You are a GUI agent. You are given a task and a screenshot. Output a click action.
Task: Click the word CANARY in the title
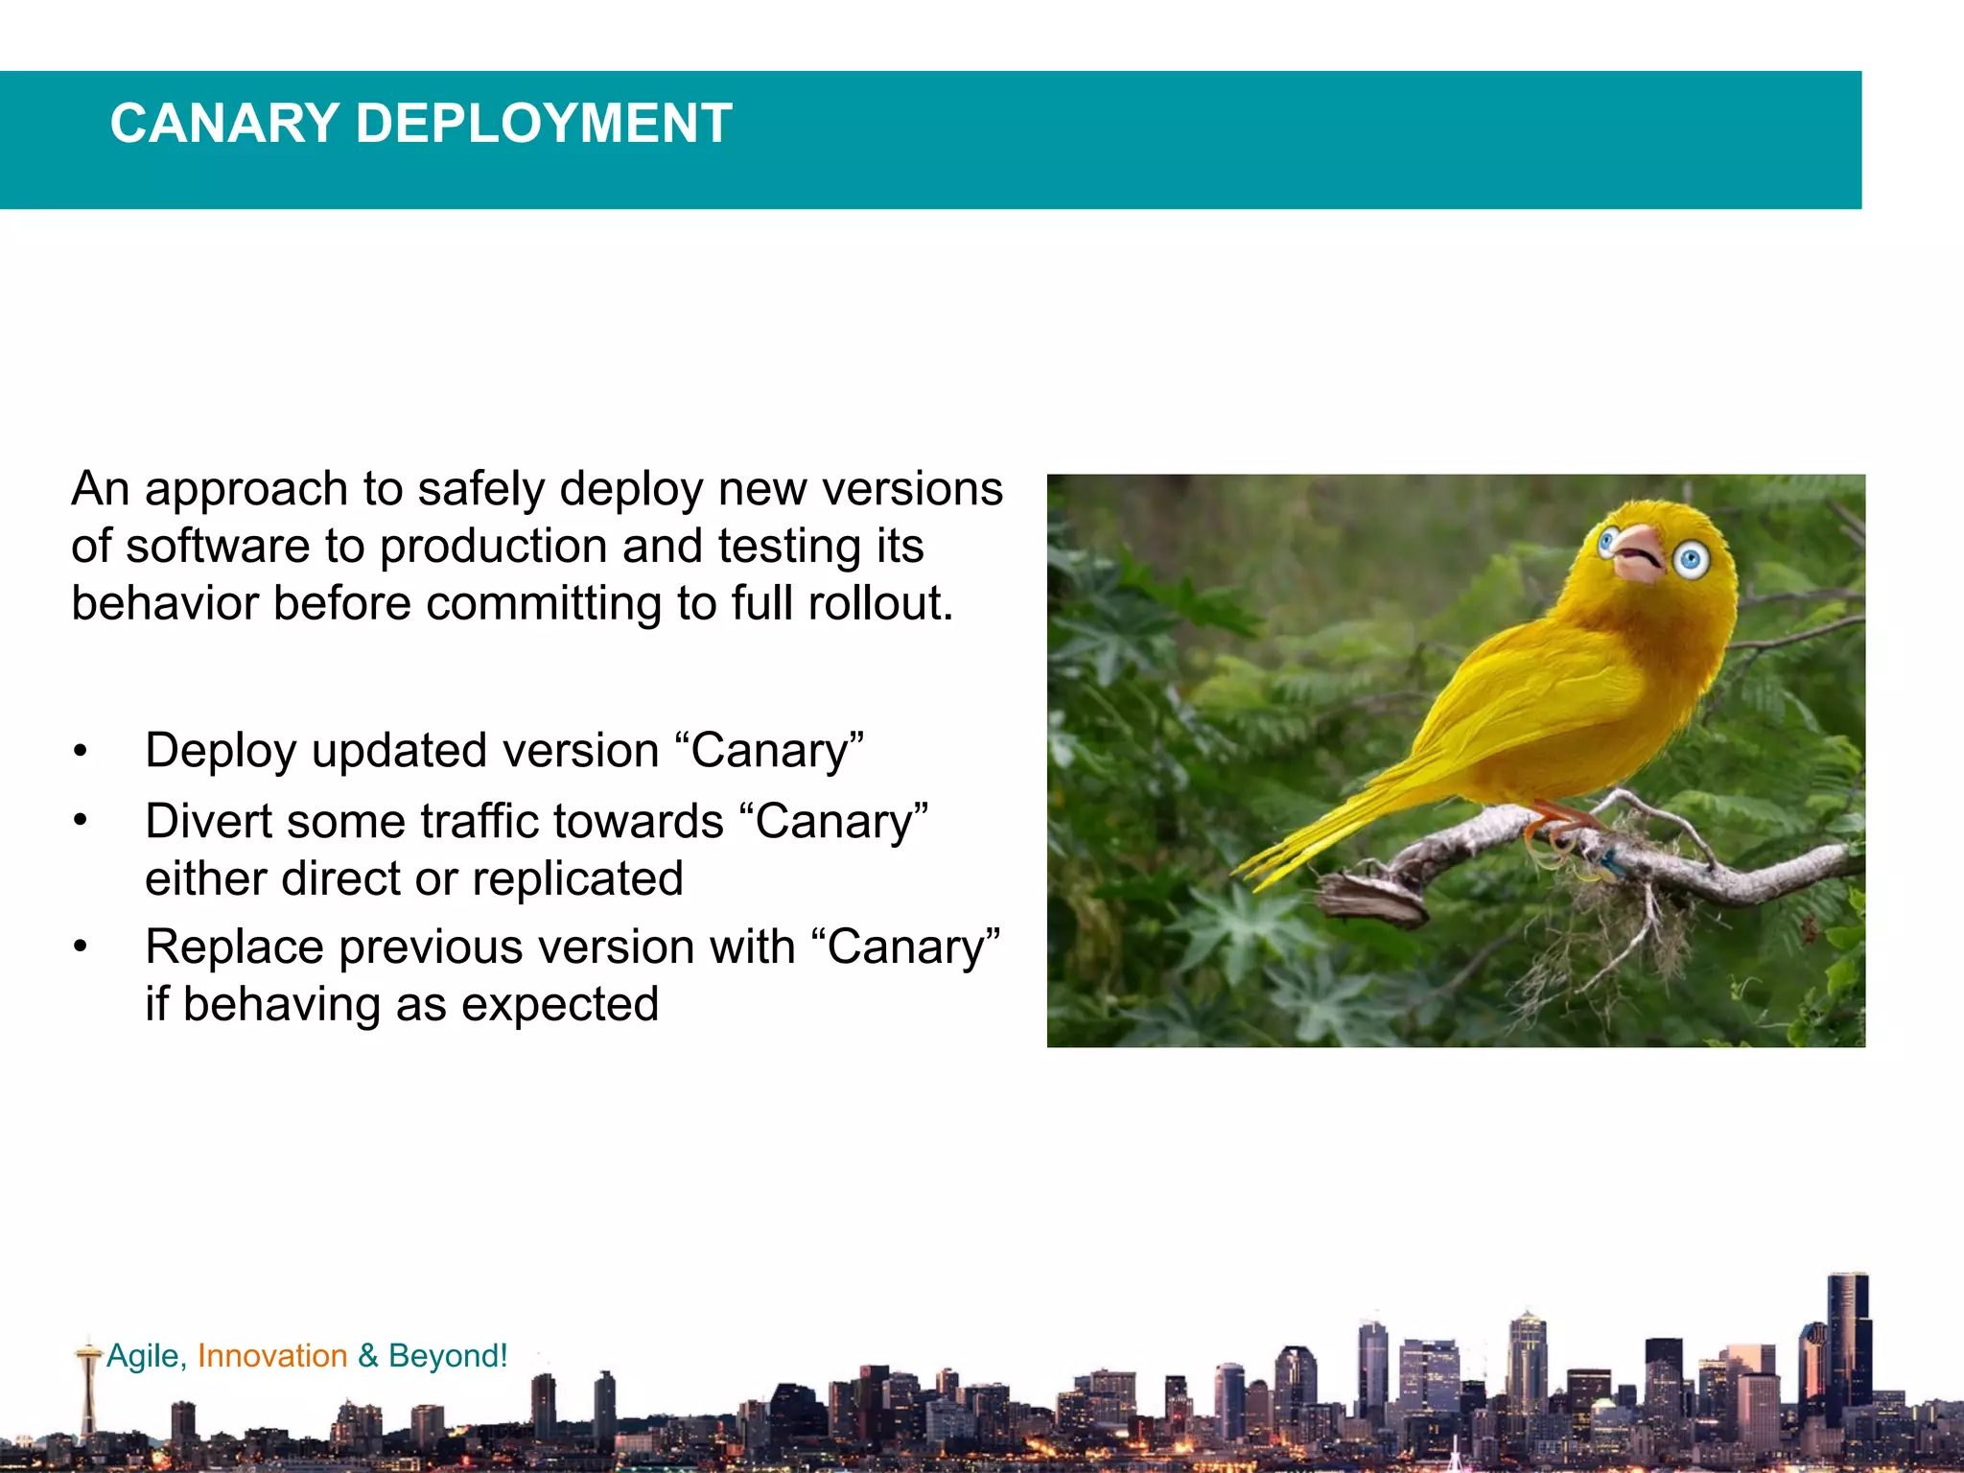click(x=224, y=124)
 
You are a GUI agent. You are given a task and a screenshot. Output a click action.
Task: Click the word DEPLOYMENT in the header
click(x=544, y=124)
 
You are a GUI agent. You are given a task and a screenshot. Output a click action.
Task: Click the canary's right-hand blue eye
click(x=1692, y=559)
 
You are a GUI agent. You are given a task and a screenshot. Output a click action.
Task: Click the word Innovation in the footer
click(x=272, y=1355)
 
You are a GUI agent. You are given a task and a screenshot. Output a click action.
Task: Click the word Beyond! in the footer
click(x=448, y=1355)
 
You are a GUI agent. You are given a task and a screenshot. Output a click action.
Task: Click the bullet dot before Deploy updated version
click(x=81, y=751)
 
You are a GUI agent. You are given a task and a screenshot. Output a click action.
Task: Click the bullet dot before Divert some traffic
click(x=81, y=822)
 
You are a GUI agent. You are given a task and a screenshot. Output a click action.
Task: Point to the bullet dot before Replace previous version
click(x=81, y=947)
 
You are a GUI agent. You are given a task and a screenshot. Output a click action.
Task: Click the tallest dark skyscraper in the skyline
click(x=1848, y=1343)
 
